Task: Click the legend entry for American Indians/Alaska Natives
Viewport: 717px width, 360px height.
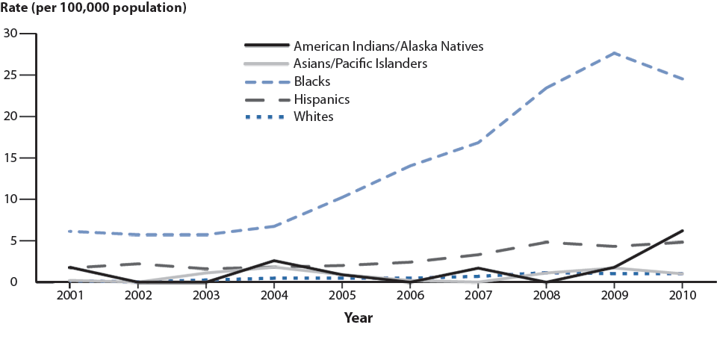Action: (x=388, y=46)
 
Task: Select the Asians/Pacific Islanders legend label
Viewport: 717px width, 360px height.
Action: (x=360, y=63)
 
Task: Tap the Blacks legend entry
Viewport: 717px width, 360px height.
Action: (x=312, y=81)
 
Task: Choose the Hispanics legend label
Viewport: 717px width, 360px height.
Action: (x=322, y=99)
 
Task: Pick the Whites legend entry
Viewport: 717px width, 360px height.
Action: (x=314, y=117)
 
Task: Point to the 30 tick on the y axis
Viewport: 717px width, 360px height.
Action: (x=10, y=33)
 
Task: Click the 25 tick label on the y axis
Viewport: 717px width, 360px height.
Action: (x=10, y=75)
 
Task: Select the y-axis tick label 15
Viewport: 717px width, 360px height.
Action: (x=10, y=158)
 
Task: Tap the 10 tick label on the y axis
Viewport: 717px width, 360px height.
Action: (x=10, y=199)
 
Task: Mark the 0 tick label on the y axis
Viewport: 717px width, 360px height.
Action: (x=14, y=282)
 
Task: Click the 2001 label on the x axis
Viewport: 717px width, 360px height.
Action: (x=69, y=296)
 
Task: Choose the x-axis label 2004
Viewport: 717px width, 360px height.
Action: (x=273, y=296)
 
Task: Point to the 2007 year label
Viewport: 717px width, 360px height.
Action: (x=478, y=296)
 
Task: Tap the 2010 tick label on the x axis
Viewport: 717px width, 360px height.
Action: (x=683, y=296)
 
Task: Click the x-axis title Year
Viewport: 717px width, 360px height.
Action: (x=358, y=318)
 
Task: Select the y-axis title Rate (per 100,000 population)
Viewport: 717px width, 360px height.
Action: (x=94, y=9)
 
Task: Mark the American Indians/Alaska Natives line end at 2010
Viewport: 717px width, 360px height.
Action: (x=683, y=231)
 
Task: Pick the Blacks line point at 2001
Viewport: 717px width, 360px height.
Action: (x=69, y=232)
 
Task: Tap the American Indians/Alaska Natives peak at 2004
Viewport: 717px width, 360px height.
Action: (x=273, y=261)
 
